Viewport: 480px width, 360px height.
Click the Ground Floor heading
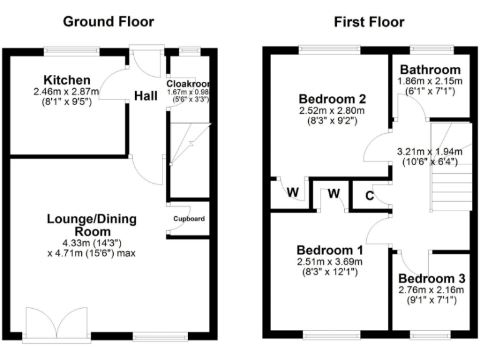point(109,22)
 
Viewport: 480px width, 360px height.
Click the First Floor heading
point(369,22)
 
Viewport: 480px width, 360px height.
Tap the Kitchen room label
point(67,81)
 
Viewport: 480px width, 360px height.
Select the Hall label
point(146,96)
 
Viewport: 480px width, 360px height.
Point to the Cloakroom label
point(188,84)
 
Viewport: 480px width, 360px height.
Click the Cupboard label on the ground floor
point(189,219)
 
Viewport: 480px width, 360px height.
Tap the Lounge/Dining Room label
point(92,225)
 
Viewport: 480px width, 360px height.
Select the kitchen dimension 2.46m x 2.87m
point(67,91)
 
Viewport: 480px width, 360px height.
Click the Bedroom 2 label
point(332,99)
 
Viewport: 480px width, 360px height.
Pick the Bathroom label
point(430,70)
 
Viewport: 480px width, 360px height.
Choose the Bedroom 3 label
point(431,279)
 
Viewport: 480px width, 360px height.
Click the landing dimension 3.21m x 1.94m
point(430,151)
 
